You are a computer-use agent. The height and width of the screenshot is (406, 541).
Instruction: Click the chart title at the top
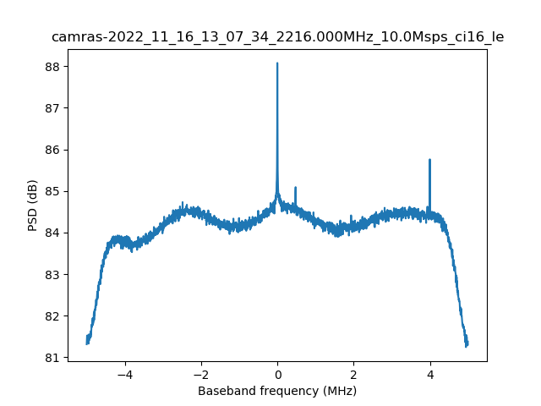pos(277,37)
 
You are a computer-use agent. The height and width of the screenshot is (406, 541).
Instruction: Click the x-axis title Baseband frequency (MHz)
pos(277,391)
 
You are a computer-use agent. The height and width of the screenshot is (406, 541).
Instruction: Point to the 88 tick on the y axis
pos(56,66)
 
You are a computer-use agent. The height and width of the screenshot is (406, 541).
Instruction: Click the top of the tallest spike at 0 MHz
pos(277,63)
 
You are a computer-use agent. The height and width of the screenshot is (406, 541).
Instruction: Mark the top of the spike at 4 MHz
pos(430,160)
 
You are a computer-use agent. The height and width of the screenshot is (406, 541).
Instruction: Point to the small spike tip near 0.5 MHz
pos(295,188)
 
